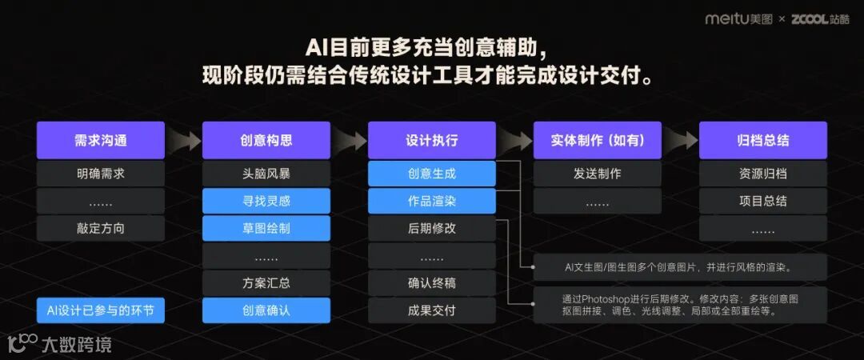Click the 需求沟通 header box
coord(101,140)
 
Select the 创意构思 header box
coord(266,140)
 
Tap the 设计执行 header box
coord(432,140)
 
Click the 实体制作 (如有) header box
coord(598,140)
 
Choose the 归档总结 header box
coord(763,140)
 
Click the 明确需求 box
coord(101,174)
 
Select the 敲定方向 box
coord(101,228)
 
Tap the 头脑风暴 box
coord(266,174)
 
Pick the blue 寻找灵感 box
coord(266,201)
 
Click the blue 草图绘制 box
coord(266,228)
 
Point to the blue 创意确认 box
coord(266,310)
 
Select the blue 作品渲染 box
coord(432,201)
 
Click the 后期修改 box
coord(432,228)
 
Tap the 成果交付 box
coord(432,310)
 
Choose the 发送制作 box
coord(598,174)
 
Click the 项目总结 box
coord(763,201)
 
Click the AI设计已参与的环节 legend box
coord(101,310)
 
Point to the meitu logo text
coord(729,18)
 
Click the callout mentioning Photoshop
coord(680,305)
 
